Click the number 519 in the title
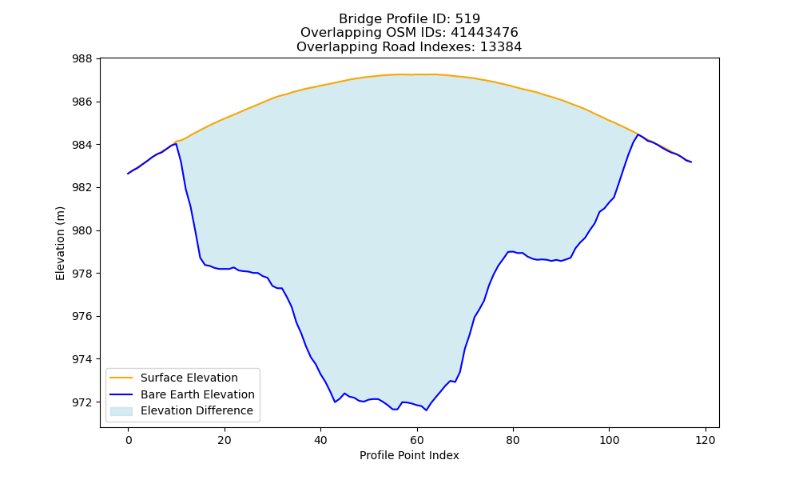467,19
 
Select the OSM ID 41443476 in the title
484,33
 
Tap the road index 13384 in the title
501,47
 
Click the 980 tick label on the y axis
82,230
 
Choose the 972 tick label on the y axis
82,402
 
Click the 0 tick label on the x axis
129,440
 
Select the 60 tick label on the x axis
417,440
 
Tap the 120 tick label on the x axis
706,440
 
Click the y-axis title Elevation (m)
60,243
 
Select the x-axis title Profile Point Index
409,455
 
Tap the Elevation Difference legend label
197,410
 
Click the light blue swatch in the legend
121,411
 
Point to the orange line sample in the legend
121,378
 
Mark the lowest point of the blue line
426,410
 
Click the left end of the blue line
128,174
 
